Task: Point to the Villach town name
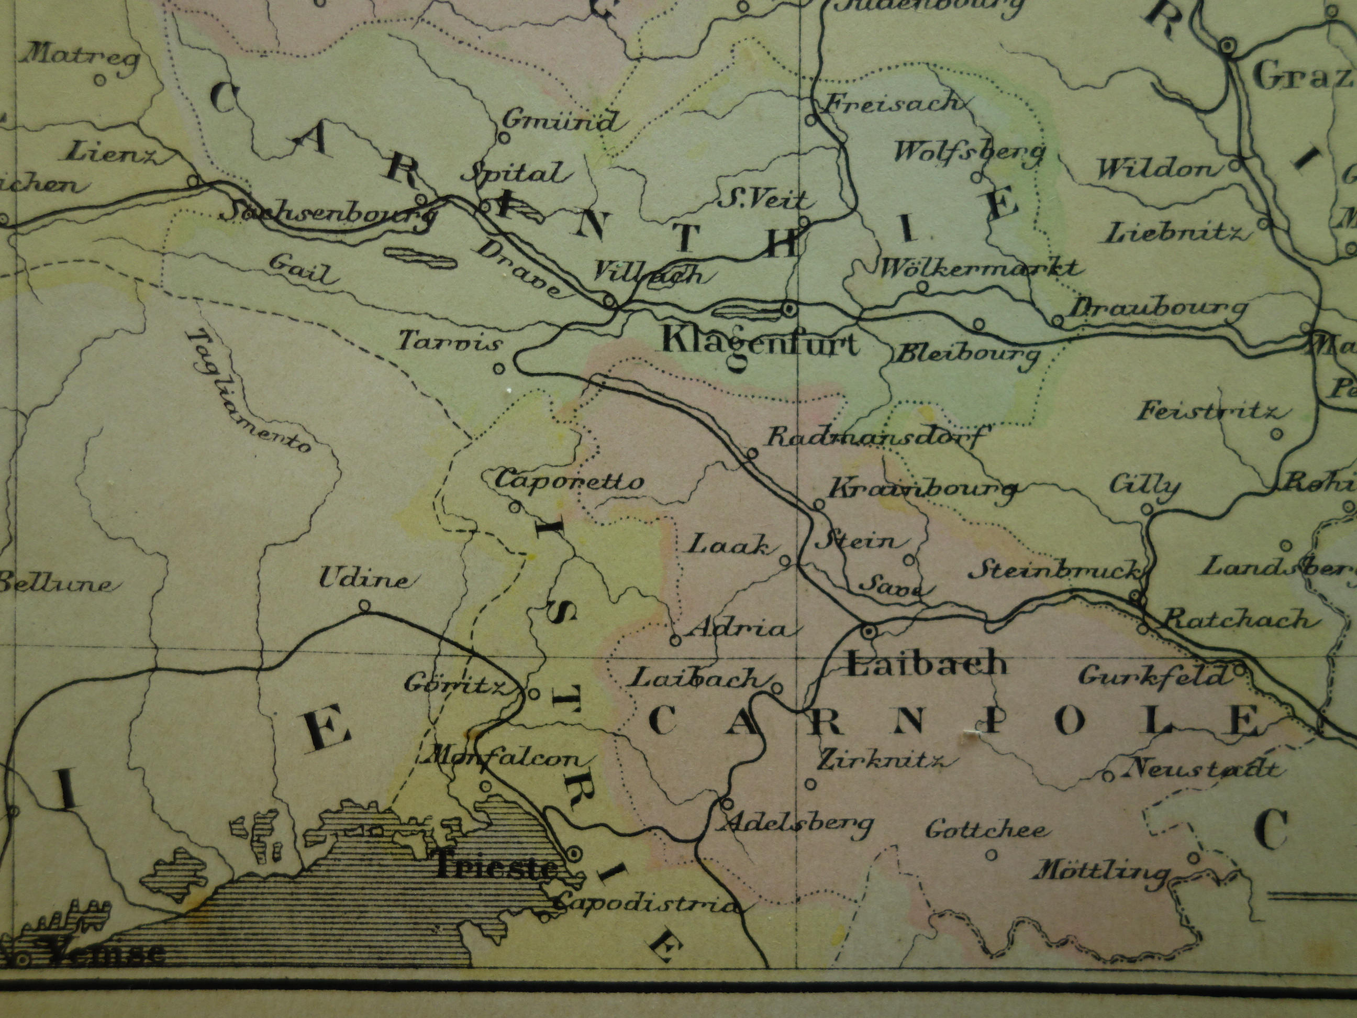649,273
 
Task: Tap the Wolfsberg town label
969,151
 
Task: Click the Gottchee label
986,829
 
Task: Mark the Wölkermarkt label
979,268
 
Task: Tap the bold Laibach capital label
926,664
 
